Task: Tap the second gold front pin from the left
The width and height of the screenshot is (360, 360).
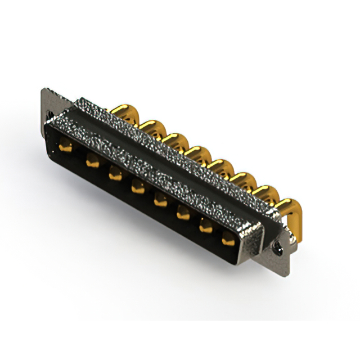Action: pyautogui.click(x=90, y=163)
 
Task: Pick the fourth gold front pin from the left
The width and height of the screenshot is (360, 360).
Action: pyautogui.click(x=137, y=187)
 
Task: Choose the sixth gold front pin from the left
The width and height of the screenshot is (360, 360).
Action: pyautogui.click(x=183, y=213)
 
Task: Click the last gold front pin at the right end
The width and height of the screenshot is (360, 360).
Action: pyautogui.click(x=228, y=239)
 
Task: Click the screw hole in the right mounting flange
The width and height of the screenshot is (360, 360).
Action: pyautogui.click(x=277, y=246)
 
